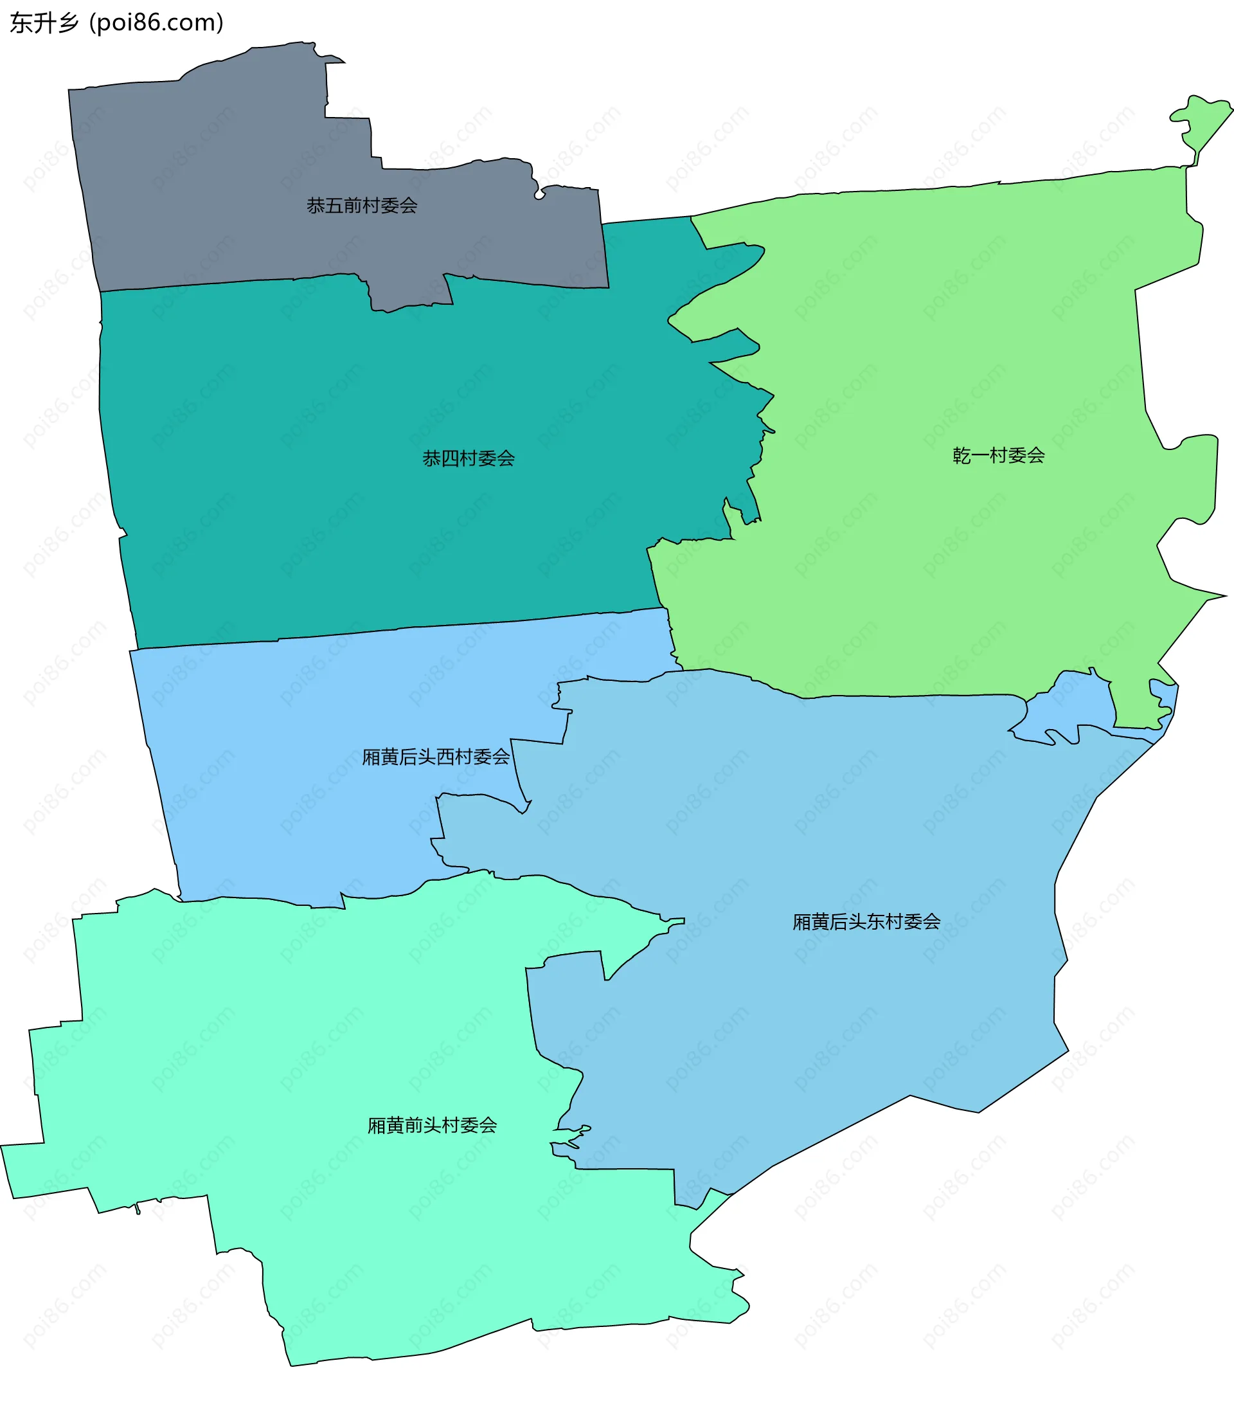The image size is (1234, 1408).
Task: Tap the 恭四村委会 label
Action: point(469,458)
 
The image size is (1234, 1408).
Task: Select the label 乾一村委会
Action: point(999,455)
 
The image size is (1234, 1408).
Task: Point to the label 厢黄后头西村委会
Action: point(436,757)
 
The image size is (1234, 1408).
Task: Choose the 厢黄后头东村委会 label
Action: point(866,922)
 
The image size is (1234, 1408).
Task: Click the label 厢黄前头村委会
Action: point(432,1126)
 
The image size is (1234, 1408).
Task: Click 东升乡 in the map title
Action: point(45,23)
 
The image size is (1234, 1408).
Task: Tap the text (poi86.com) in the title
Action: point(156,23)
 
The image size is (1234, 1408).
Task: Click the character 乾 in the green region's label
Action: point(962,455)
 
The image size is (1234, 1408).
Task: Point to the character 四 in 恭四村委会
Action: point(450,458)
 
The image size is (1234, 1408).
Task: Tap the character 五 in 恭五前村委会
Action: point(334,205)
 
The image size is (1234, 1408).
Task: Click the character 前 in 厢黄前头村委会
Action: point(413,1126)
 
